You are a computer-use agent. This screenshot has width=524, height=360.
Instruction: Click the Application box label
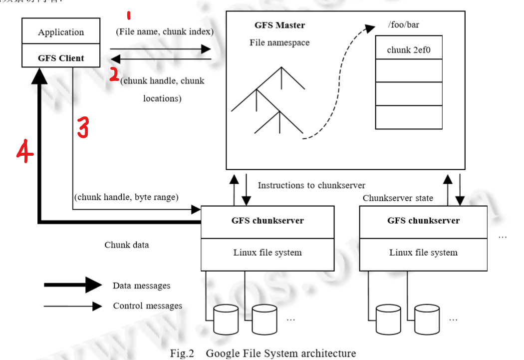(61, 32)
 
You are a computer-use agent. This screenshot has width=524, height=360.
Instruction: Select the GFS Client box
(61, 58)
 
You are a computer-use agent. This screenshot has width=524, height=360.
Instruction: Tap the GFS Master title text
(279, 25)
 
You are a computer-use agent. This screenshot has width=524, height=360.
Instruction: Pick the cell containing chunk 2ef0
(408, 50)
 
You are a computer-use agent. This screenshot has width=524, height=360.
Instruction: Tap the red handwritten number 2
(114, 75)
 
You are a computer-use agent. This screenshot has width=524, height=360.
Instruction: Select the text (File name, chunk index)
(165, 32)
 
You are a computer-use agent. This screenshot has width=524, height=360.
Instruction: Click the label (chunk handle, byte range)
(126, 197)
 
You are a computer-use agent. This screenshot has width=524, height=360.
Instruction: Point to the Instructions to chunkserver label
(311, 185)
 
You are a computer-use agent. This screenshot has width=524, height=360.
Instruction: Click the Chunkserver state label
(398, 198)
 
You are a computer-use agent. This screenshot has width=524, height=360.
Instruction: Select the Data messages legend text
(141, 286)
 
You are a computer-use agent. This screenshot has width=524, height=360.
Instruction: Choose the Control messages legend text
(147, 306)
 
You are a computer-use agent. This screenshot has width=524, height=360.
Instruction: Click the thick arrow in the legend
(73, 285)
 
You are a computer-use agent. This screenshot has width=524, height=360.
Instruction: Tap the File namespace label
(279, 43)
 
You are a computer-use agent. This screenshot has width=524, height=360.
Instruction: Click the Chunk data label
(126, 245)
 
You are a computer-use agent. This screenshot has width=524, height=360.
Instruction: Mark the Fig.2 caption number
(182, 354)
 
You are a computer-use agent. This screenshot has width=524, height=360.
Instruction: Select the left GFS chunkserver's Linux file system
(267, 253)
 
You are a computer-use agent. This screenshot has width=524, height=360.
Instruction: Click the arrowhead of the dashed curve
(370, 28)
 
